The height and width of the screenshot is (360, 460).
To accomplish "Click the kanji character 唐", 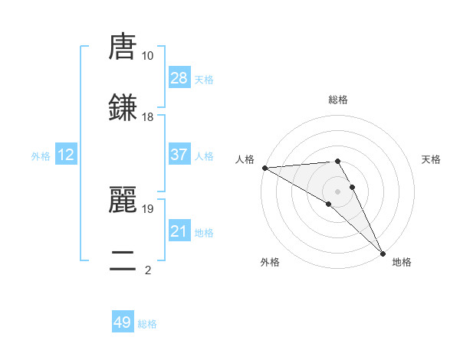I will (123, 47).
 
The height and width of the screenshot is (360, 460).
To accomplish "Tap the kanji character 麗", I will (123, 199).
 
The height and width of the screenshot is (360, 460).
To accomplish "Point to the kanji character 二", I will (123, 260).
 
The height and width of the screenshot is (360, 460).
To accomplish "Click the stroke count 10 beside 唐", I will (147, 56).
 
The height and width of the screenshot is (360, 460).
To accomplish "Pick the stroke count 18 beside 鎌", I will (147, 117).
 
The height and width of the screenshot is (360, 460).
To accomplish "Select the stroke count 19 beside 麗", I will (147, 208).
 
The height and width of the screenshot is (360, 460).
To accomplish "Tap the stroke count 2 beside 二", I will (147, 270).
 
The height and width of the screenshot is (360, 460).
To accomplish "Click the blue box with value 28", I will (179, 78).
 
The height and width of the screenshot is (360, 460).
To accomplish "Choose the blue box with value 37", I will (179, 155).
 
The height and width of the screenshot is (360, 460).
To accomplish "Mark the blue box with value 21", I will (179, 231).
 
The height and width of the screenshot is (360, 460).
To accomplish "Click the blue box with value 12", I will (66, 155).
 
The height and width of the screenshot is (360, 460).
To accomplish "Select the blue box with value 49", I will (123, 322).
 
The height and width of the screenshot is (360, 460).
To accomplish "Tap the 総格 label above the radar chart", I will (338, 100).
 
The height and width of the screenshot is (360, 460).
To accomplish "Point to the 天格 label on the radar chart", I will (431, 159).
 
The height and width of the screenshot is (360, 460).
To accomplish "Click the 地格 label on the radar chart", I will (402, 262).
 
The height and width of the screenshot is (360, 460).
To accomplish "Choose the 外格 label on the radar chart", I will (270, 262).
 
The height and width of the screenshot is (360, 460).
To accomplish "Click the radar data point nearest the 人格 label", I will (264, 167).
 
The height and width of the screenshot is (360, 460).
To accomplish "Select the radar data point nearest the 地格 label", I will (383, 252).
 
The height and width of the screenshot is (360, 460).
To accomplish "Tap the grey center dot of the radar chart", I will (338, 191).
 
